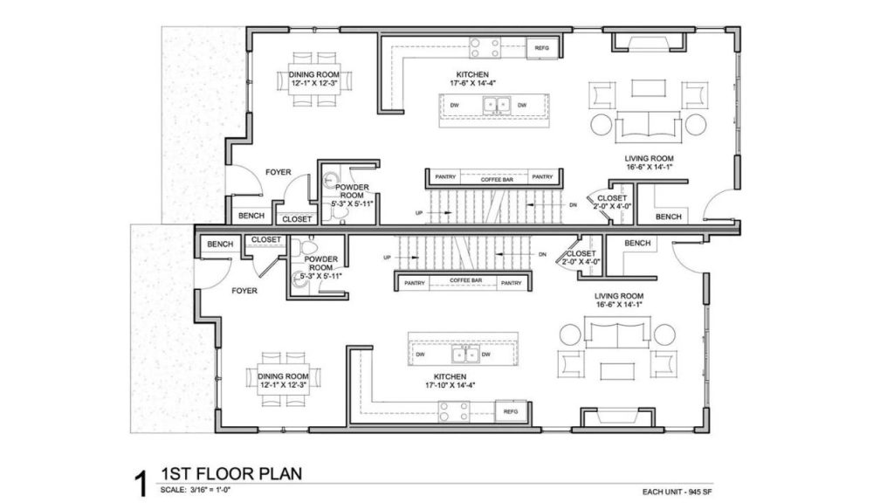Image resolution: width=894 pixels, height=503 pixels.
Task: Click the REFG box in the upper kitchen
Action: tap(541, 48)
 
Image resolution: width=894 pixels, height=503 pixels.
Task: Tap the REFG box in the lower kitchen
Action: tap(511, 412)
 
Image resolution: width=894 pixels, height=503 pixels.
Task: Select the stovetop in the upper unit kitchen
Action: tap(485, 47)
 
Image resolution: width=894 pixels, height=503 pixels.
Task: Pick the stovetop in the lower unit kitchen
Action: tap(454, 412)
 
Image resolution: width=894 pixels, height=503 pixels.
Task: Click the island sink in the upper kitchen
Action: tap(496, 106)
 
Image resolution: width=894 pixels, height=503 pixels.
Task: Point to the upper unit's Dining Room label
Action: tap(314, 79)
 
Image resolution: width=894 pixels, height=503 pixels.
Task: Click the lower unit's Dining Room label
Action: tap(284, 381)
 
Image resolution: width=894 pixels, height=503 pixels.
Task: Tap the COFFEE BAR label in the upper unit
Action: tap(497, 180)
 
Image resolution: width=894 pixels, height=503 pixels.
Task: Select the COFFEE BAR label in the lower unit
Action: tap(466, 280)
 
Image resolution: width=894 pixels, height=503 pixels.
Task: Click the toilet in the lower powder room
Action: tap(308, 246)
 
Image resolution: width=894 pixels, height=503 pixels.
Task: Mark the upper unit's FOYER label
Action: tap(279, 172)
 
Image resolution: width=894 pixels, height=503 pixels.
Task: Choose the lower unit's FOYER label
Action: tap(244, 291)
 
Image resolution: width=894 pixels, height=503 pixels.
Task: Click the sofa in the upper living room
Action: tap(649, 127)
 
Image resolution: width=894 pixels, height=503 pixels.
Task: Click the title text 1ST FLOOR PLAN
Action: tap(231, 473)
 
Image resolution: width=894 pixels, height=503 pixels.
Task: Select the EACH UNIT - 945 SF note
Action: tap(677, 492)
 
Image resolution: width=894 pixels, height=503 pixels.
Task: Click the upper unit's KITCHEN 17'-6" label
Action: tap(472, 79)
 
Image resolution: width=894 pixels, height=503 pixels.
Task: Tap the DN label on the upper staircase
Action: tap(573, 204)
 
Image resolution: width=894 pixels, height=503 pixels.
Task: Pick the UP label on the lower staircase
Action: tap(388, 258)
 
